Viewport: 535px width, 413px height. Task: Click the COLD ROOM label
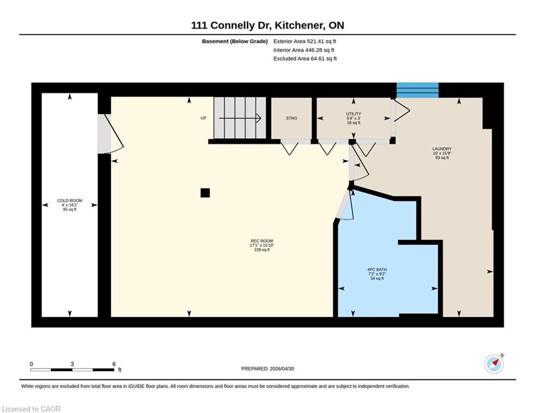pyautogui.click(x=69, y=201)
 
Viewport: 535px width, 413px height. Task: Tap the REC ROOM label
pyautogui.click(x=262, y=241)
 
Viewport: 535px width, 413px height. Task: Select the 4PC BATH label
pyautogui.click(x=377, y=269)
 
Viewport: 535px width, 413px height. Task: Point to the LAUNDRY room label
pyautogui.click(x=442, y=149)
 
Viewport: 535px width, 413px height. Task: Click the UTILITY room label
pyautogui.click(x=353, y=113)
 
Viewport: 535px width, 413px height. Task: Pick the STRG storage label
pyautogui.click(x=291, y=118)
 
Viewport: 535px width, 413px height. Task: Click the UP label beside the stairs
pyautogui.click(x=203, y=118)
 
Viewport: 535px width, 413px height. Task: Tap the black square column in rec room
pyautogui.click(x=205, y=193)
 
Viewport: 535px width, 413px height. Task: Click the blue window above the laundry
pyautogui.click(x=418, y=90)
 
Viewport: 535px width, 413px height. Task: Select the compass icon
pyautogui.click(x=494, y=364)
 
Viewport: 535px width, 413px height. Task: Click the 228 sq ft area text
pyautogui.click(x=262, y=250)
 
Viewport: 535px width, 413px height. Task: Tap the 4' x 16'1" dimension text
pyautogui.click(x=69, y=205)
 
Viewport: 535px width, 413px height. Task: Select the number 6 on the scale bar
pyautogui.click(x=114, y=364)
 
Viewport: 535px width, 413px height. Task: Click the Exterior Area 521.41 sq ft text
pyautogui.click(x=305, y=41)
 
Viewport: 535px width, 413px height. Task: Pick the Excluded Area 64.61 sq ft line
pyautogui.click(x=305, y=59)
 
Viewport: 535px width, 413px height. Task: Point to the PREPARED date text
pyautogui.click(x=268, y=368)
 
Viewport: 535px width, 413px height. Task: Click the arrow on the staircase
pyautogui.click(x=240, y=118)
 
